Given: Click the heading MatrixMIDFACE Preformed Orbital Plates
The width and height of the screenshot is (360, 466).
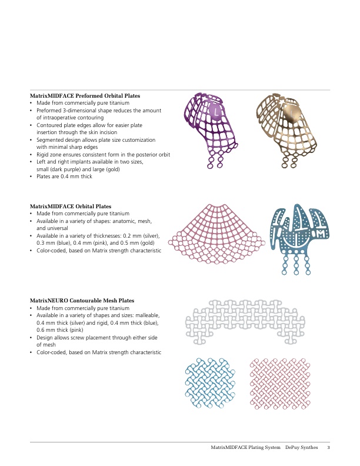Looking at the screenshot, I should tap(89, 95).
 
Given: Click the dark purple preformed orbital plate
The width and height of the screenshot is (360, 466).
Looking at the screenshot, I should tap(214, 129).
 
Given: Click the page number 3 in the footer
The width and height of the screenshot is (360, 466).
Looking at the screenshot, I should tap(328, 448).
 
